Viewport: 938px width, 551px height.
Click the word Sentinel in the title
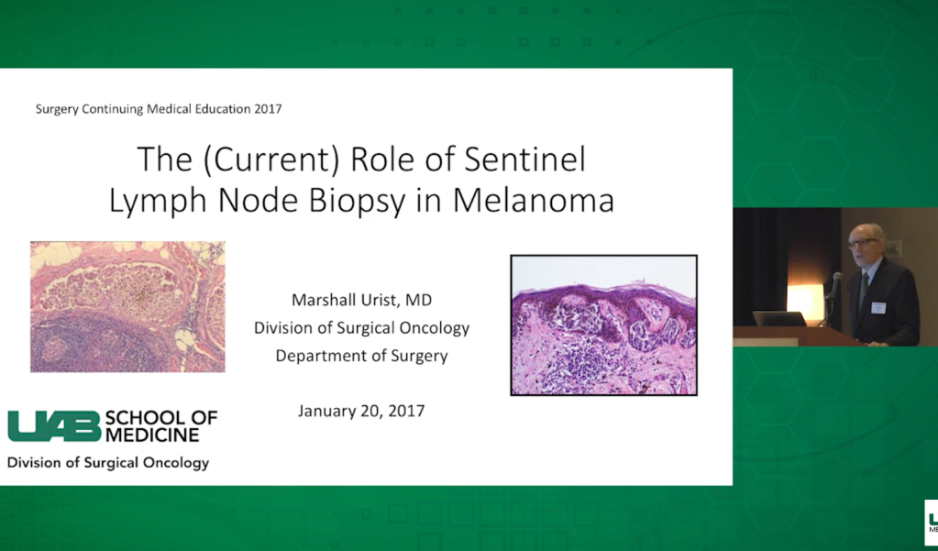[524, 160]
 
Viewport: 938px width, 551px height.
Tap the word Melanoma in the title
[534, 201]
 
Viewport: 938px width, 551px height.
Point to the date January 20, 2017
[361, 411]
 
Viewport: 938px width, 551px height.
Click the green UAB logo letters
[54, 426]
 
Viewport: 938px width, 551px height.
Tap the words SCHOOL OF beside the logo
[161, 417]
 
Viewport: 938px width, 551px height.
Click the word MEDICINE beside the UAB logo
[152, 435]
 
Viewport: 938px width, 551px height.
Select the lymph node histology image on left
[127, 307]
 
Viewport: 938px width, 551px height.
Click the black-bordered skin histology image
[603, 325]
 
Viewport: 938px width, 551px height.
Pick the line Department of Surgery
[361, 356]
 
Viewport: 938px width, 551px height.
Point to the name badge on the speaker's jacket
[877, 307]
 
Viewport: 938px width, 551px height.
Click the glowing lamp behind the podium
[805, 303]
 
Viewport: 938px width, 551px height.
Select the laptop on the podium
[778, 319]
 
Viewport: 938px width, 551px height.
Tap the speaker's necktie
[863, 289]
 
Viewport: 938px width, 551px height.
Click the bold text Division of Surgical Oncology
[107, 463]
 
